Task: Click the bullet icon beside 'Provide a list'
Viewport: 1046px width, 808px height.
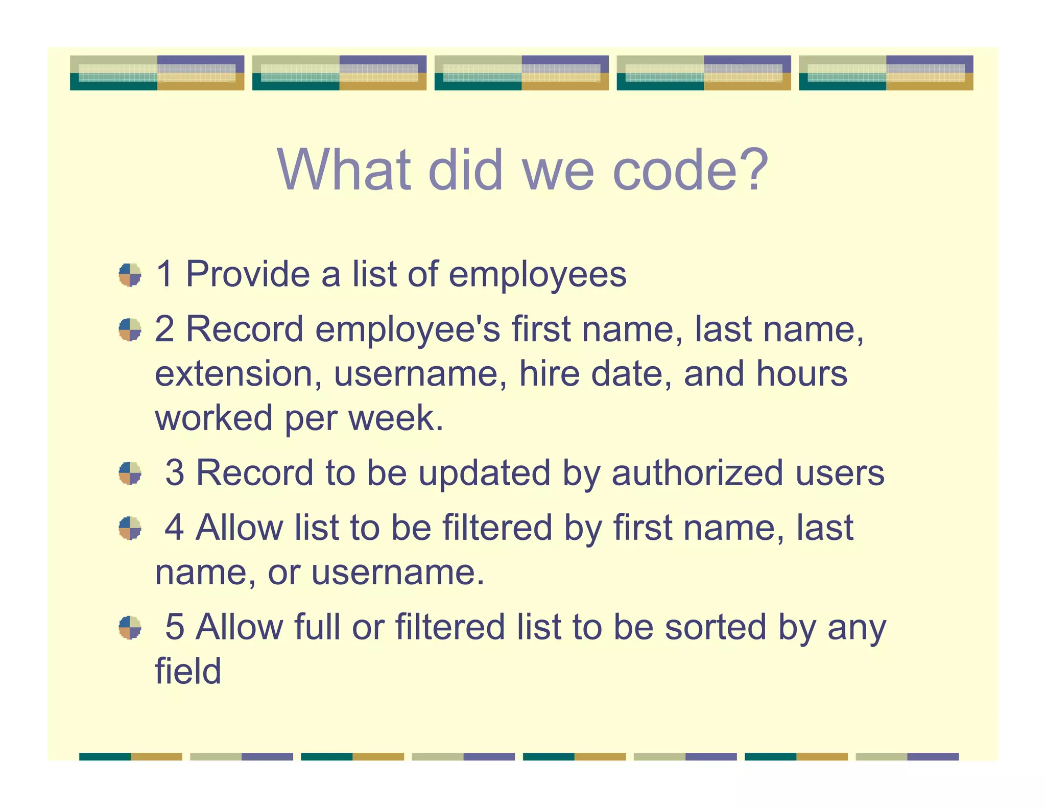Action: pos(130,275)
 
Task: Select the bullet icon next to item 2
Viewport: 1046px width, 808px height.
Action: pos(130,329)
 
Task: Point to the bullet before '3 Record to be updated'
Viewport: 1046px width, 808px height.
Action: pos(130,473)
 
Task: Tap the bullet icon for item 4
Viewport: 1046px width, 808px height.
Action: pos(130,528)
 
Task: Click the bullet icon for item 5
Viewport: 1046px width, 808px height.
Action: pos(130,627)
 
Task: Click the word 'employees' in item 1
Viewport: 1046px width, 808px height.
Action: pos(537,275)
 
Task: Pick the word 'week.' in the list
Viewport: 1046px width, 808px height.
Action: pos(396,418)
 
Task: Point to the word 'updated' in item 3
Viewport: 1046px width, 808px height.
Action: pos(485,473)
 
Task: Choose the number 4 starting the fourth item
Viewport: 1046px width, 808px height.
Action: pos(175,528)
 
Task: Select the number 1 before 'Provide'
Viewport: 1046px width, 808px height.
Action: pos(164,275)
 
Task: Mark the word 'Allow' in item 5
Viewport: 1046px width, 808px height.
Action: pos(239,627)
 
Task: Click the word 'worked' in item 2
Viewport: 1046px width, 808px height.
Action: pos(213,418)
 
